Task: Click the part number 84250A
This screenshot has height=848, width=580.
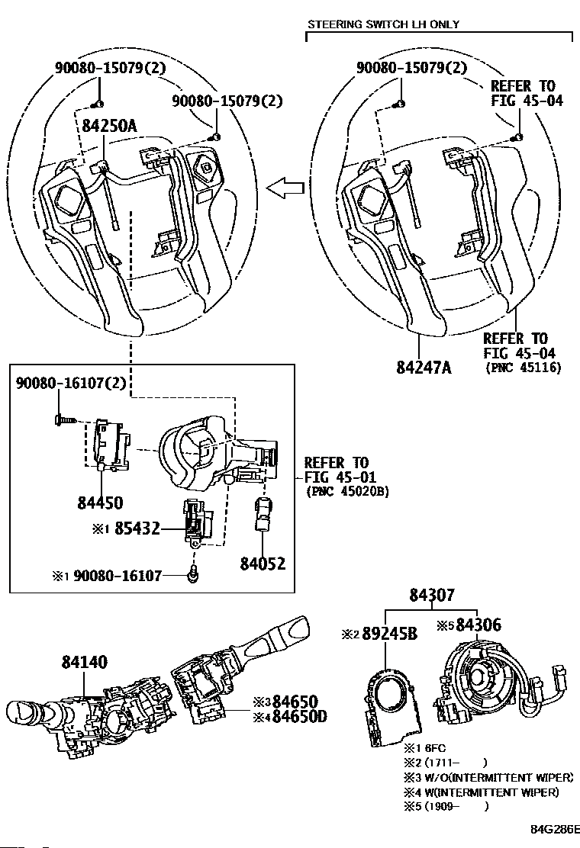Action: [109, 126]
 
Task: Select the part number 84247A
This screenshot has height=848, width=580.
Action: [424, 368]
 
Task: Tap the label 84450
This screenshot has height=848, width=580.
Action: [100, 503]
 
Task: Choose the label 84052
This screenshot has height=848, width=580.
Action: [263, 564]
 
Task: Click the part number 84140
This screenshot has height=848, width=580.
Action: [85, 661]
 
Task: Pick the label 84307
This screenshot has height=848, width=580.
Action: [432, 595]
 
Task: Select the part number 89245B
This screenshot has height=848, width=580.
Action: [389, 634]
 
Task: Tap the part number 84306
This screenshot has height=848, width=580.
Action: [478, 625]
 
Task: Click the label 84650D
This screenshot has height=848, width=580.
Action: [299, 717]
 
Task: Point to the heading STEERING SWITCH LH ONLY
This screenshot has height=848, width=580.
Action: [384, 24]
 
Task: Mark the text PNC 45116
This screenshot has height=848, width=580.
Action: [524, 368]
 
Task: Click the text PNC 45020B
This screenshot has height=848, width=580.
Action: [346, 492]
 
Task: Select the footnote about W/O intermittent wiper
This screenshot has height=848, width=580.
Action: [488, 778]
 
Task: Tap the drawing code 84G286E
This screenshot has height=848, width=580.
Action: [555, 829]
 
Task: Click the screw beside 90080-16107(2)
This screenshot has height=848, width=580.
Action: [63, 419]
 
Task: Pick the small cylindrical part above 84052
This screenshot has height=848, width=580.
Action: [263, 514]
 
